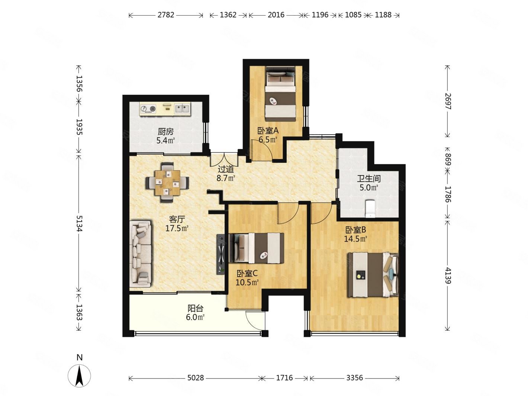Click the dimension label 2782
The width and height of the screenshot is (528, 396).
click(166, 15)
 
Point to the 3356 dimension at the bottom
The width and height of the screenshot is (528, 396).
click(354, 378)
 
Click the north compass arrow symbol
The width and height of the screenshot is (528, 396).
click(79, 376)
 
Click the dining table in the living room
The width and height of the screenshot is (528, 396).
click(167, 183)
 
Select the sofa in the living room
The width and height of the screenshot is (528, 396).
click(141, 254)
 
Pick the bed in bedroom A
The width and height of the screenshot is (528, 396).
click(280, 94)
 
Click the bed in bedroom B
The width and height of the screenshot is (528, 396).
click(373, 274)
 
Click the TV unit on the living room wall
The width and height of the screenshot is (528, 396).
click(221, 254)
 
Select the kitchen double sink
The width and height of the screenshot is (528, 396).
click(182, 109)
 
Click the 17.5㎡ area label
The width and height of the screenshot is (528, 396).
click(177, 228)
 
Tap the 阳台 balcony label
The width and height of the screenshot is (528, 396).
click(195, 308)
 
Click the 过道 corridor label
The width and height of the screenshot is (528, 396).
click(226, 169)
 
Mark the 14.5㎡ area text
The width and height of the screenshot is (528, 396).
click(355, 239)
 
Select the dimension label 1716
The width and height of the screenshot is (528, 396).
click(284, 378)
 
